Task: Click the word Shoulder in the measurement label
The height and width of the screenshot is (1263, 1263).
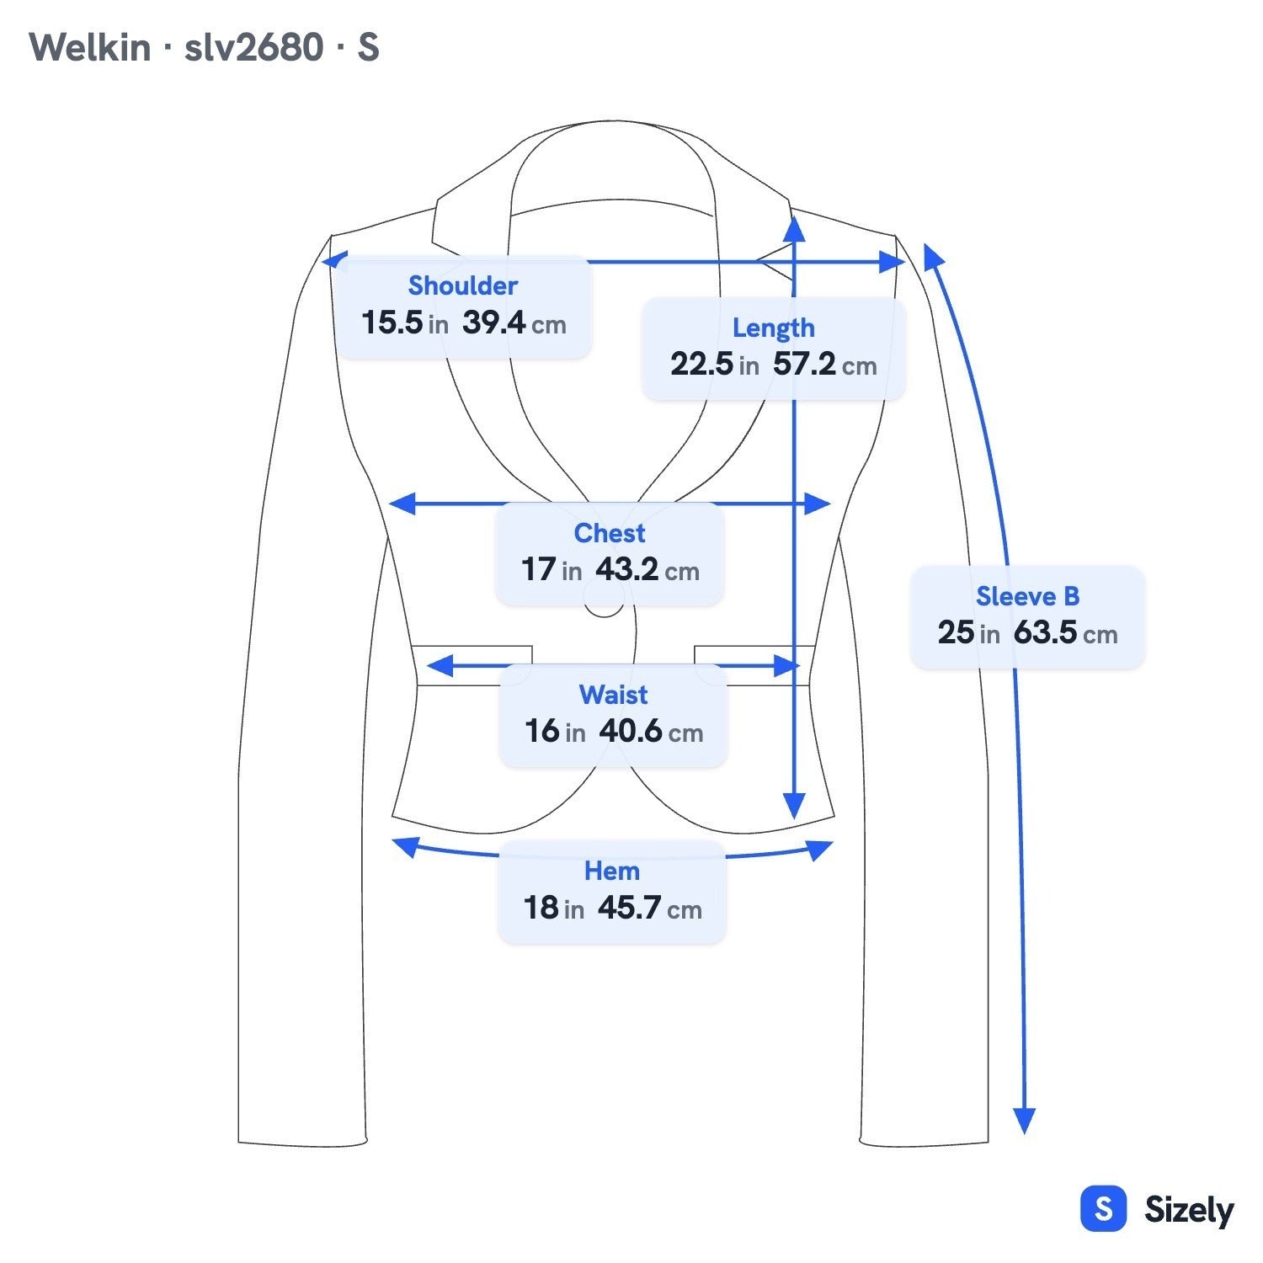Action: tap(462, 285)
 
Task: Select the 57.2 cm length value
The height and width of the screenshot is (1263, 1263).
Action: tap(825, 364)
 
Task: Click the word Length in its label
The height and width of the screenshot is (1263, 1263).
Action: tap(773, 327)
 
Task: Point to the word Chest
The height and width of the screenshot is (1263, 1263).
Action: tap(610, 532)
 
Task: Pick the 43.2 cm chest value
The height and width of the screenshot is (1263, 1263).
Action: tap(647, 569)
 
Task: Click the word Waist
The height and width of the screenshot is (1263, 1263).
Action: tap(613, 694)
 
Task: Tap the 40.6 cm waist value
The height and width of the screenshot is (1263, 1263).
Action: tap(651, 731)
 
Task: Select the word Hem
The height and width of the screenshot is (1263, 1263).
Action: tap(612, 870)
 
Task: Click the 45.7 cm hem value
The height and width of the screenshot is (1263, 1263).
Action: tap(650, 908)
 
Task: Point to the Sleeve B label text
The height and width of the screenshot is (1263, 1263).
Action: tap(1027, 596)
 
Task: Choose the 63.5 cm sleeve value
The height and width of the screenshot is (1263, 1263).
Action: tap(1065, 632)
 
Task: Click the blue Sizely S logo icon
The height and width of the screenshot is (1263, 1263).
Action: tap(1103, 1209)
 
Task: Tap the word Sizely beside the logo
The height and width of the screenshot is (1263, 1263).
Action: tap(1189, 1210)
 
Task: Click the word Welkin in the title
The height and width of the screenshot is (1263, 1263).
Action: tap(90, 47)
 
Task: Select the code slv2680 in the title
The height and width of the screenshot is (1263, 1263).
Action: tap(253, 47)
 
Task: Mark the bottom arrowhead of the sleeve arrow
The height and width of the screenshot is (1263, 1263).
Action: tap(1024, 1121)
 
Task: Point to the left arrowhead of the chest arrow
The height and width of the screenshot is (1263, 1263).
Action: tap(402, 504)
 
